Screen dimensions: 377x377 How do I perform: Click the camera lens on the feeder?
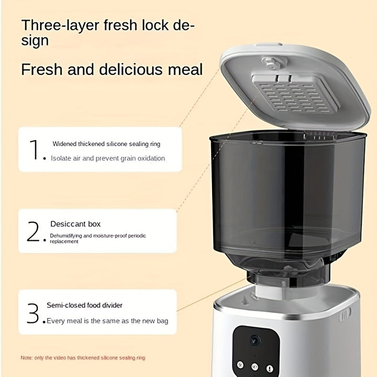click(x=255, y=340)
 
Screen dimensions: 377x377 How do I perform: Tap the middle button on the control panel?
click(x=254, y=367)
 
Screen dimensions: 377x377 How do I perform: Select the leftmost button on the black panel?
click(x=240, y=365)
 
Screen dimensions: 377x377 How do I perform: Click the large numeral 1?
click(x=34, y=150)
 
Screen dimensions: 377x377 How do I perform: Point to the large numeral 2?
click(x=33, y=231)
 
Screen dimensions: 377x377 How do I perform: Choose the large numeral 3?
click(x=33, y=313)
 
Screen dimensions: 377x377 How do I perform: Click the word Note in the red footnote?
click(x=26, y=358)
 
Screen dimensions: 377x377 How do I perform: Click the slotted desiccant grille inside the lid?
click(x=296, y=94)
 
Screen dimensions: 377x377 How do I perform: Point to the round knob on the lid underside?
click(x=272, y=62)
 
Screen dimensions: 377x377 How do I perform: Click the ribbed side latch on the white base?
click(x=345, y=314)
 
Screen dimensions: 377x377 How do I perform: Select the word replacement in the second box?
click(x=64, y=241)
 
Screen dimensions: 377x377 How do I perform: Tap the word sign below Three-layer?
click(x=35, y=41)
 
